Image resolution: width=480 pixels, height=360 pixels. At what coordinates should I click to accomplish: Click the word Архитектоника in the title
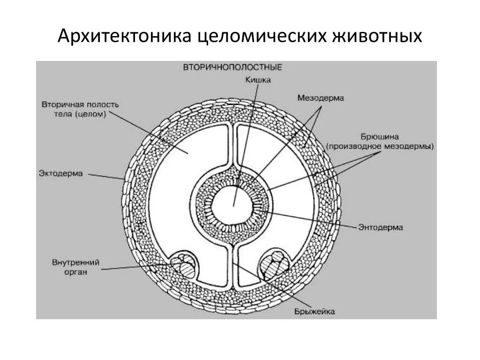click(124, 36)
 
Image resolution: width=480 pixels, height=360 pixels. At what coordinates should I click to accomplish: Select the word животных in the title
click(377, 36)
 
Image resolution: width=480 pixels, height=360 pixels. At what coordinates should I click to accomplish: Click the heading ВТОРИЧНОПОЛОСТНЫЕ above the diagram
click(232, 67)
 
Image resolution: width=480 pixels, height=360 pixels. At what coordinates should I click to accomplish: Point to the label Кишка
click(258, 80)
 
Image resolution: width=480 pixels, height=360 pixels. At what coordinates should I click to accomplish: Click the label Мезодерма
click(321, 98)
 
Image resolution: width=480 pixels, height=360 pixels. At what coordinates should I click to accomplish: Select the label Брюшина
click(380, 137)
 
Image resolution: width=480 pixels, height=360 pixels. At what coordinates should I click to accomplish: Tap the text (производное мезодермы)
click(380, 146)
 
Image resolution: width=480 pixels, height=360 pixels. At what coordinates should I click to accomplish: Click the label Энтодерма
click(381, 227)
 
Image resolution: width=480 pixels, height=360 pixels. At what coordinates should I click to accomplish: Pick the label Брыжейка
click(315, 312)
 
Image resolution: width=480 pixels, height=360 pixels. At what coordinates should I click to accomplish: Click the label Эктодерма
click(61, 173)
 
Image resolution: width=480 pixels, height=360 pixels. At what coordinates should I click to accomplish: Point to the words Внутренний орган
click(75, 267)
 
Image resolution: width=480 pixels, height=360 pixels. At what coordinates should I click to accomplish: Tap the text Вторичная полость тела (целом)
click(74, 109)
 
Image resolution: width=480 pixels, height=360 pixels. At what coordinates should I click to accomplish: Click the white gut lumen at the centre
click(233, 205)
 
